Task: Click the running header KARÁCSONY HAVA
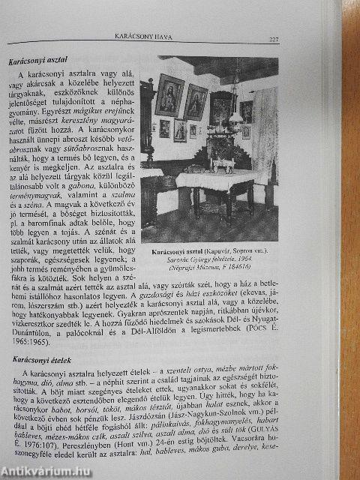pyautogui.click(x=156, y=36)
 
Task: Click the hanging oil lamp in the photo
pyautogui.click(x=244, y=109)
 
